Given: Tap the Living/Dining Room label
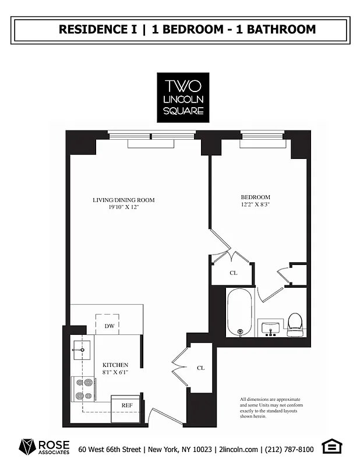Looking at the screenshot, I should pyautogui.click(x=123, y=200).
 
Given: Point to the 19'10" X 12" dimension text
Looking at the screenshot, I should pyautogui.click(x=123, y=207).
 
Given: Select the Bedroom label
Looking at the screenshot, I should pyautogui.click(x=256, y=197).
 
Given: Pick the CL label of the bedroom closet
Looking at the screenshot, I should pyautogui.click(x=233, y=273).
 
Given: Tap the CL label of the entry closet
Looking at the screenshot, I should pyautogui.click(x=200, y=368).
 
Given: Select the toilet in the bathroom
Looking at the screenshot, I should pyautogui.click(x=295, y=323).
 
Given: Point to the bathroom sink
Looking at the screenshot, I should pyautogui.click(x=270, y=328).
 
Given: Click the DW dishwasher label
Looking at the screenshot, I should pyautogui.click(x=109, y=326).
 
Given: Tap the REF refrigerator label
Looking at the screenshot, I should pyautogui.click(x=126, y=405).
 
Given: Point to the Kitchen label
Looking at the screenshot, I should pyautogui.click(x=115, y=365).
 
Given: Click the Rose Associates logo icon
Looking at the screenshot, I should pyautogui.click(x=28, y=447).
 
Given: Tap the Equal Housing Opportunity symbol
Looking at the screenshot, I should pyautogui.click(x=332, y=447).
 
